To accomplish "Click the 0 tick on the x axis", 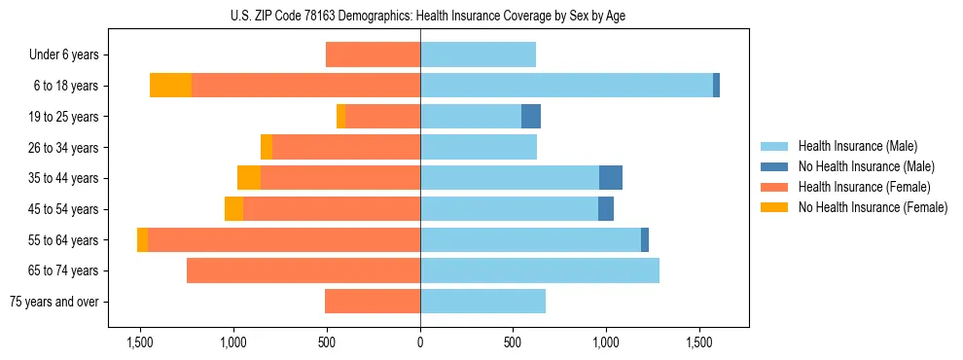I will tap(420, 342).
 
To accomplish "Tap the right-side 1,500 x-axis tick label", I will tap(699, 342).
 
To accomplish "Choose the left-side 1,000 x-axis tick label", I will tap(233, 342).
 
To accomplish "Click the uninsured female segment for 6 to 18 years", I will tap(170, 86).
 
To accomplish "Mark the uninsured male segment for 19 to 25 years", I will tap(531, 117).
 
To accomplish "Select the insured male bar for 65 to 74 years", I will tap(540, 270).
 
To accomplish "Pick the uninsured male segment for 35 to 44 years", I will tap(611, 178).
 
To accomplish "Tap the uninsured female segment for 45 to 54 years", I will tap(233, 209).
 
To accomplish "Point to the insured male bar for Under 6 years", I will tap(478, 54).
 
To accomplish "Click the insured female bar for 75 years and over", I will tap(373, 302).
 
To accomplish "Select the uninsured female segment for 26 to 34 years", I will tap(267, 147).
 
